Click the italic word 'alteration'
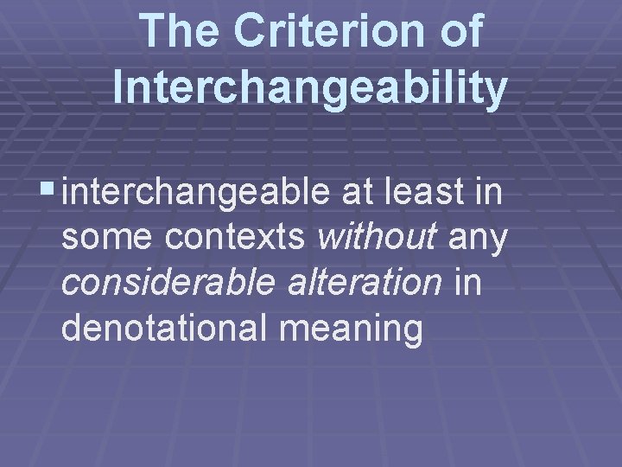click(365, 285)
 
